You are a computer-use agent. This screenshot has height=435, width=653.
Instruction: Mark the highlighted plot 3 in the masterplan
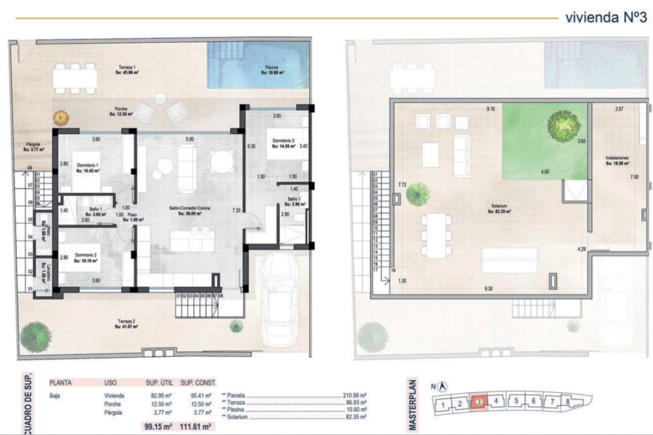(x=478, y=402)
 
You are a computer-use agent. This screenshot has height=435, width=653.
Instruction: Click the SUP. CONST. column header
(x=198, y=382)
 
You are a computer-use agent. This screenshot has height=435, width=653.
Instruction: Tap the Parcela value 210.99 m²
(x=355, y=395)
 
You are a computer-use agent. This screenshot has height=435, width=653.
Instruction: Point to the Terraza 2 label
(x=126, y=324)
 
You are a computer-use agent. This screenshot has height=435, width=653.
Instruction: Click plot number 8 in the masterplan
(x=568, y=402)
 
